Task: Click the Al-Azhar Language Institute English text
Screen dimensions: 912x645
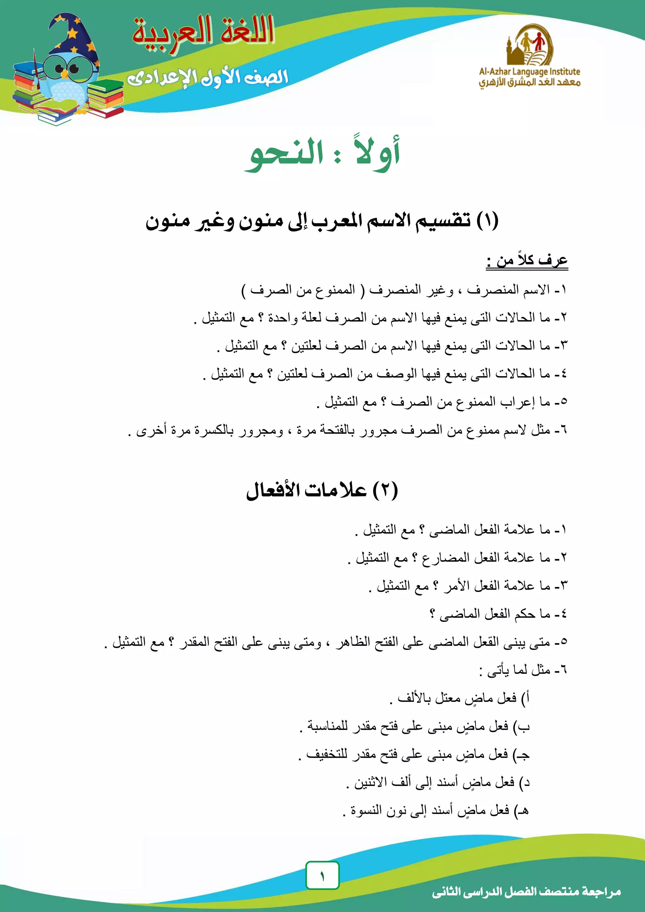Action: pyautogui.click(x=529, y=71)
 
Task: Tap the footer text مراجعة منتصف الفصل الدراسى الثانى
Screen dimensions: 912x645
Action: pyautogui.click(x=526, y=891)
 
